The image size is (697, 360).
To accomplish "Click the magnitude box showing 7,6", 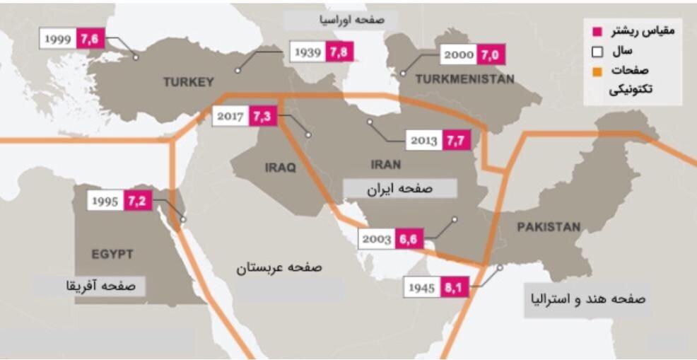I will tap(90, 39).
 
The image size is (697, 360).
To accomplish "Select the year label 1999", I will tap(58, 39).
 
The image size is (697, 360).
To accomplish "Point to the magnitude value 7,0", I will tap(490, 54).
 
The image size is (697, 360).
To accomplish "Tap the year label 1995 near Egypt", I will tap(105, 201).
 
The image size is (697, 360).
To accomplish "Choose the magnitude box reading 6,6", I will tap(406, 238).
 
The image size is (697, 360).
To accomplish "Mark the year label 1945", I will tap(422, 287).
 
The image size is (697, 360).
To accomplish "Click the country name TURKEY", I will tap(188, 82).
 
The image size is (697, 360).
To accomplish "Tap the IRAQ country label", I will tap(280, 168).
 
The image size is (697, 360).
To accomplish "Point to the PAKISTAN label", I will tap(549, 227).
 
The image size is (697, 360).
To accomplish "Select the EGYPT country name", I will tap(112, 254).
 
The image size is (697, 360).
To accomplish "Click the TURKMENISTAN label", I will tap(465, 79).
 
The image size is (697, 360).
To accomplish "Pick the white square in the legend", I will tap(597, 52).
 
